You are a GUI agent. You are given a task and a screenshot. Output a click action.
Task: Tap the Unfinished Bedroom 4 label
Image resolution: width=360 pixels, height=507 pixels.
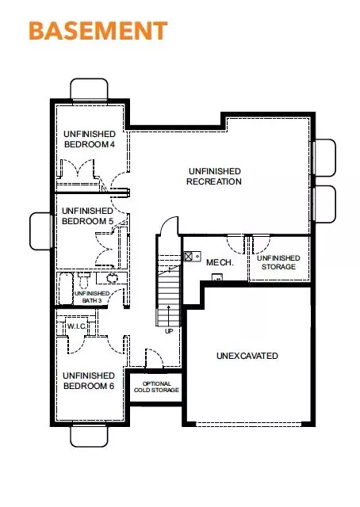coord(89,139)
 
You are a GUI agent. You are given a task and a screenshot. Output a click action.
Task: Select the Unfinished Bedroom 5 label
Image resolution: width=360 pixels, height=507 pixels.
coord(86,215)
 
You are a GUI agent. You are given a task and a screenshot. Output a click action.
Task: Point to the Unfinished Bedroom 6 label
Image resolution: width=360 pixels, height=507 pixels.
coord(88,380)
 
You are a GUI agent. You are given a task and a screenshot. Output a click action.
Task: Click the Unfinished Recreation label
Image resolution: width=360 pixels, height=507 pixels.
coord(214,176)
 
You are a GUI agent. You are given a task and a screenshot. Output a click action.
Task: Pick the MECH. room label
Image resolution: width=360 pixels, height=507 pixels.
coord(218,262)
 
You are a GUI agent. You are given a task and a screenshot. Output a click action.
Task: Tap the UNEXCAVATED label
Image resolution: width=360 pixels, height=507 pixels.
coord(247,356)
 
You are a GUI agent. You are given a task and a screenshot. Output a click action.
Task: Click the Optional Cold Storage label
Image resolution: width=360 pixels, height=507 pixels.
coord(155,387)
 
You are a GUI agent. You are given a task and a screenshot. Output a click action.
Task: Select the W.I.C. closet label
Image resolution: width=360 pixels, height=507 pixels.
coord(77,326)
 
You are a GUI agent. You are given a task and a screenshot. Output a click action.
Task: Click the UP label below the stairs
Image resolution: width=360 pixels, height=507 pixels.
coord(168,331)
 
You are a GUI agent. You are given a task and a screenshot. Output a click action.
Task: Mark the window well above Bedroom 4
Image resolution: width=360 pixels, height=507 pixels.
coord(94,90)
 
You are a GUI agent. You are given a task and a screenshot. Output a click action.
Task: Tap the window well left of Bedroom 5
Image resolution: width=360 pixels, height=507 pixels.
coord(41,230)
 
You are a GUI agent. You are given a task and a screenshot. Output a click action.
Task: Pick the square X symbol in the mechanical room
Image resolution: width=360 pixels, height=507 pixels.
coord(188,257)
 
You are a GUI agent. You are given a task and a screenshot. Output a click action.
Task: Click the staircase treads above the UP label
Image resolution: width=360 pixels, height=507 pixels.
coord(167,301)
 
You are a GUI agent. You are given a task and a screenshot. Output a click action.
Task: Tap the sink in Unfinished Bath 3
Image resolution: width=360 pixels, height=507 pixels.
coord(111,278)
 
